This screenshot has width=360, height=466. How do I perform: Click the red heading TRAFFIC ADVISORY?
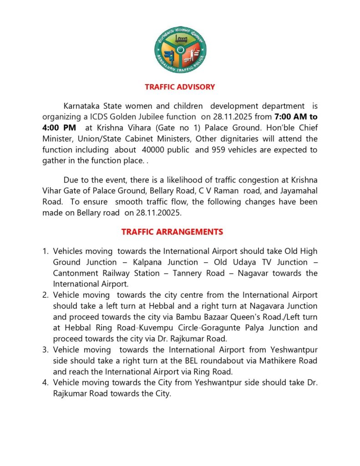click(180, 87)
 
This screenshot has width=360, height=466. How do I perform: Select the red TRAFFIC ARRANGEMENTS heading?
click(172, 232)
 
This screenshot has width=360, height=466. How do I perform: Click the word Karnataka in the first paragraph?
click(83, 106)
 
